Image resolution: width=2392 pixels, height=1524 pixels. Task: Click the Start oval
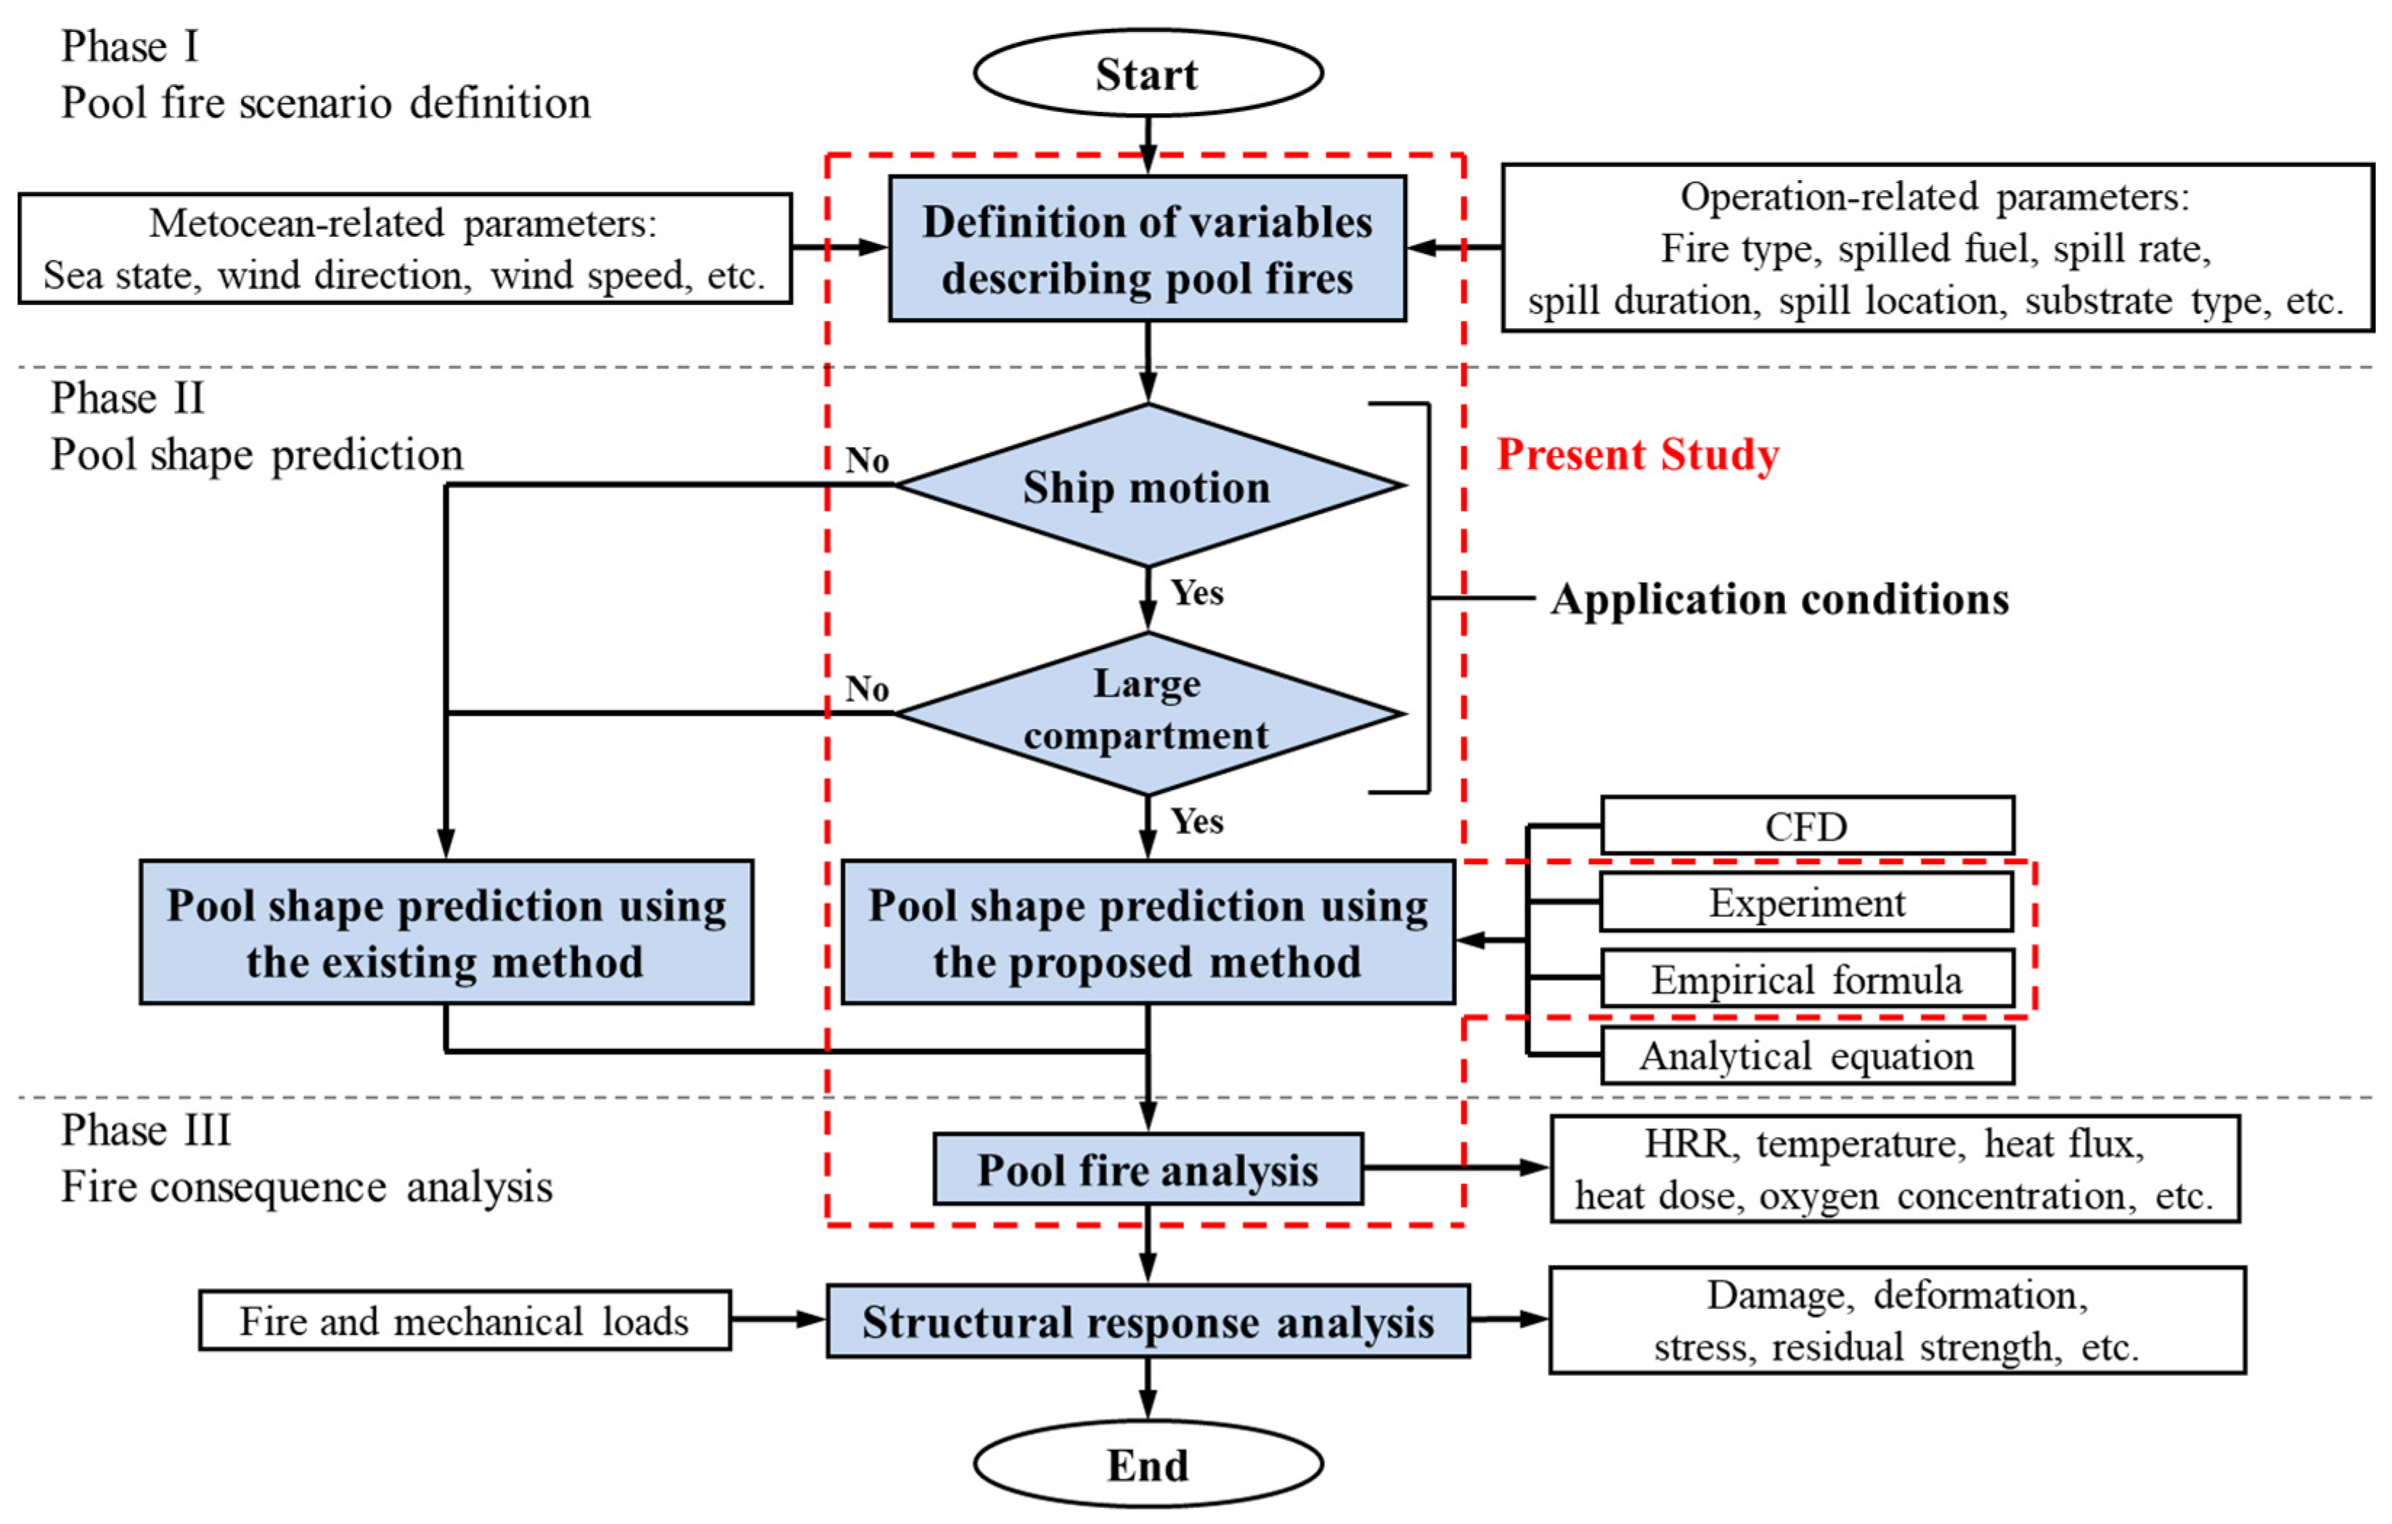(1147, 73)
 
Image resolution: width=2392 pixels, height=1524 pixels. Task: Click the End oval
(1147, 1464)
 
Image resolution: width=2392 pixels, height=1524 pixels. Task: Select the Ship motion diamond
(1147, 486)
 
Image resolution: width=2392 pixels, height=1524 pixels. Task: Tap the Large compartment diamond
(1147, 712)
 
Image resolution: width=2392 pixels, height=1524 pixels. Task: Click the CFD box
(1806, 826)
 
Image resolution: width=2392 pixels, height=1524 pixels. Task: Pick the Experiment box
(1806, 902)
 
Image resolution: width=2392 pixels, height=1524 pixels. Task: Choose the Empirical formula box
(1806, 979)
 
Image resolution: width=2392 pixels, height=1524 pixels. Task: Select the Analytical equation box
(1806, 1055)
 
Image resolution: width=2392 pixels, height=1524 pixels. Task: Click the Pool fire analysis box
(1147, 1170)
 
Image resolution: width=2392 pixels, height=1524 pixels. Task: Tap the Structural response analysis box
(1147, 1321)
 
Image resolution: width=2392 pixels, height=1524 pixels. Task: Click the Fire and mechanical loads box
(464, 1320)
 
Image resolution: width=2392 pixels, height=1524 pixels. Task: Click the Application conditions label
(1779, 599)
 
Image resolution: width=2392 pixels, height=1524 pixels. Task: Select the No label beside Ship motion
(866, 460)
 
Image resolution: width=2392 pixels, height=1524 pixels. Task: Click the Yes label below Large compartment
(1196, 820)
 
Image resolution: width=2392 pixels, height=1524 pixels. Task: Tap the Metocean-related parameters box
(404, 248)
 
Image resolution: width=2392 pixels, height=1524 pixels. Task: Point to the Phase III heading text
(146, 1130)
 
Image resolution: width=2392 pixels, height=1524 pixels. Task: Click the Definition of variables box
(1147, 248)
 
